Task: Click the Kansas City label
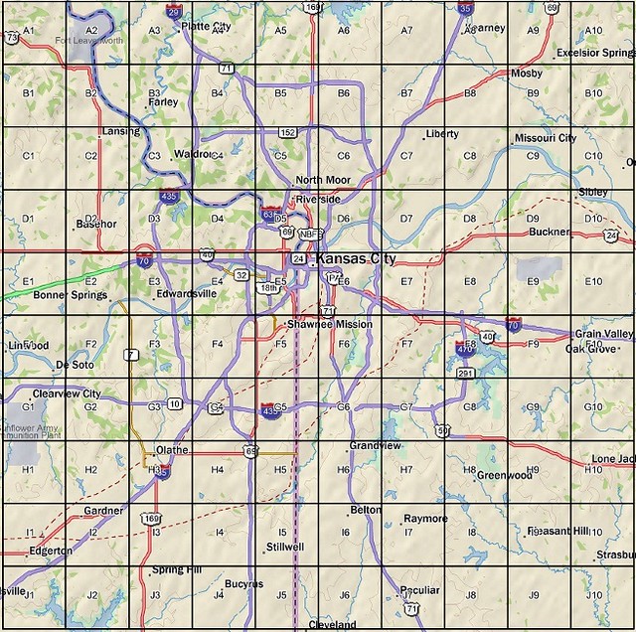356,259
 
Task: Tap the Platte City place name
208,27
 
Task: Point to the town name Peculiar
418,590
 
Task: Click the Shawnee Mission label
329,325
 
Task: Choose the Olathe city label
172,450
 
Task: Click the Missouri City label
545,138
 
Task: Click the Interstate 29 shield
174,13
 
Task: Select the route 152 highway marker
287,132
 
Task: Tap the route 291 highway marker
464,374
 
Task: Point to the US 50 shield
441,430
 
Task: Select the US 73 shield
11,38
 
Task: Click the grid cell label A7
406,31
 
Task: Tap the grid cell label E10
593,282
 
